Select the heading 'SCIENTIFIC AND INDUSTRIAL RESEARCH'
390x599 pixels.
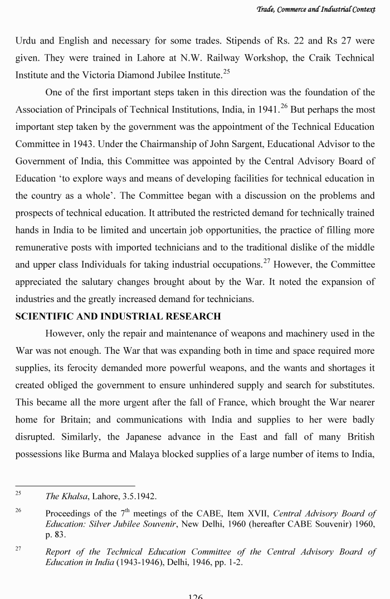pos(118,316)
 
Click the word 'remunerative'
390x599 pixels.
pos(41,247)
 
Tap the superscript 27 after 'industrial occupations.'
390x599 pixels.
pos(267,261)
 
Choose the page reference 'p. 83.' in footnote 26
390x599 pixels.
pos(56,535)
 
